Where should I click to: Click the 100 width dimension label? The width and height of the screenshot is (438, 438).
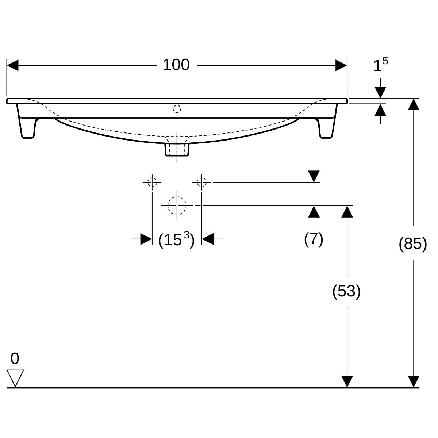click(176, 65)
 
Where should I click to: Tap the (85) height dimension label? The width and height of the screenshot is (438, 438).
click(413, 243)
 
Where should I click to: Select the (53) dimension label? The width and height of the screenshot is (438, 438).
click(346, 291)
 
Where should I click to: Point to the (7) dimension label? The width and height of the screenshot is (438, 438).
click(314, 239)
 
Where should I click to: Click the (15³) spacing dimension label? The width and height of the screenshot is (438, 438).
click(176, 240)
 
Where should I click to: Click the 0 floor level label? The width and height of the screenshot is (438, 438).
click(15, 359)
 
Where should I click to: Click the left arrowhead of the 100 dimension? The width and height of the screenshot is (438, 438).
click(13, 66)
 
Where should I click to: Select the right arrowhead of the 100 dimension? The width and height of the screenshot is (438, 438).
click(341, 66)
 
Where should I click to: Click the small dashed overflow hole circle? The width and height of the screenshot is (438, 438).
click(177, 108)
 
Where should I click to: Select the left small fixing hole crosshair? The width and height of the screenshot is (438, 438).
click(152, 181)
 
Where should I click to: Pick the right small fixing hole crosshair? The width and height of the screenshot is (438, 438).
click(201, 181)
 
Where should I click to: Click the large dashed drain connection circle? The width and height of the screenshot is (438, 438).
click(177, 205)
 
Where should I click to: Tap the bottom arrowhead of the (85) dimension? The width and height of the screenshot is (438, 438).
click(413, 381)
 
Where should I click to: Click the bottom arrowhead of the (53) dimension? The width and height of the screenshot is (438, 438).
click(347, 381)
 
